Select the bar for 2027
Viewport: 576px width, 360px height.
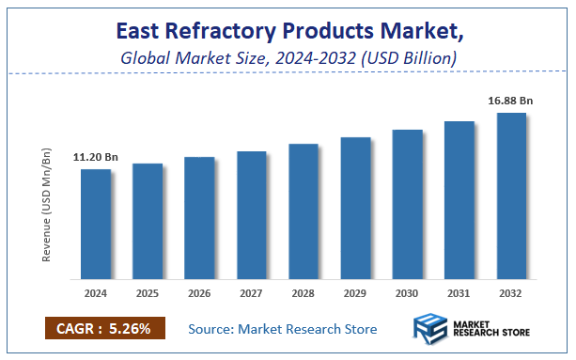[x=251, y=215]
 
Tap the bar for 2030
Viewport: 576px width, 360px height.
[x=407, y=204]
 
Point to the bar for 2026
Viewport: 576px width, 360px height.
[x=199, y=218]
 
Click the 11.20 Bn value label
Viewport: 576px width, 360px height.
[x=95, y=157]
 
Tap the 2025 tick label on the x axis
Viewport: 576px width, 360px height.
[x=148, y=293]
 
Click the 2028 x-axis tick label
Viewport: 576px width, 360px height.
[x=304, y=293]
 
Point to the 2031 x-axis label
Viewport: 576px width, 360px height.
[x=459, y=293]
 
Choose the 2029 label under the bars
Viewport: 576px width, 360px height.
[x=355, y=293]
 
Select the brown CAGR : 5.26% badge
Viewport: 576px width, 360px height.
[x=104, y=329]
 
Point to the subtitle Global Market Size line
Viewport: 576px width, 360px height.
[x=288, y=58]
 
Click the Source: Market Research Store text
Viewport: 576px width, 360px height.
[x=282, y=329]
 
